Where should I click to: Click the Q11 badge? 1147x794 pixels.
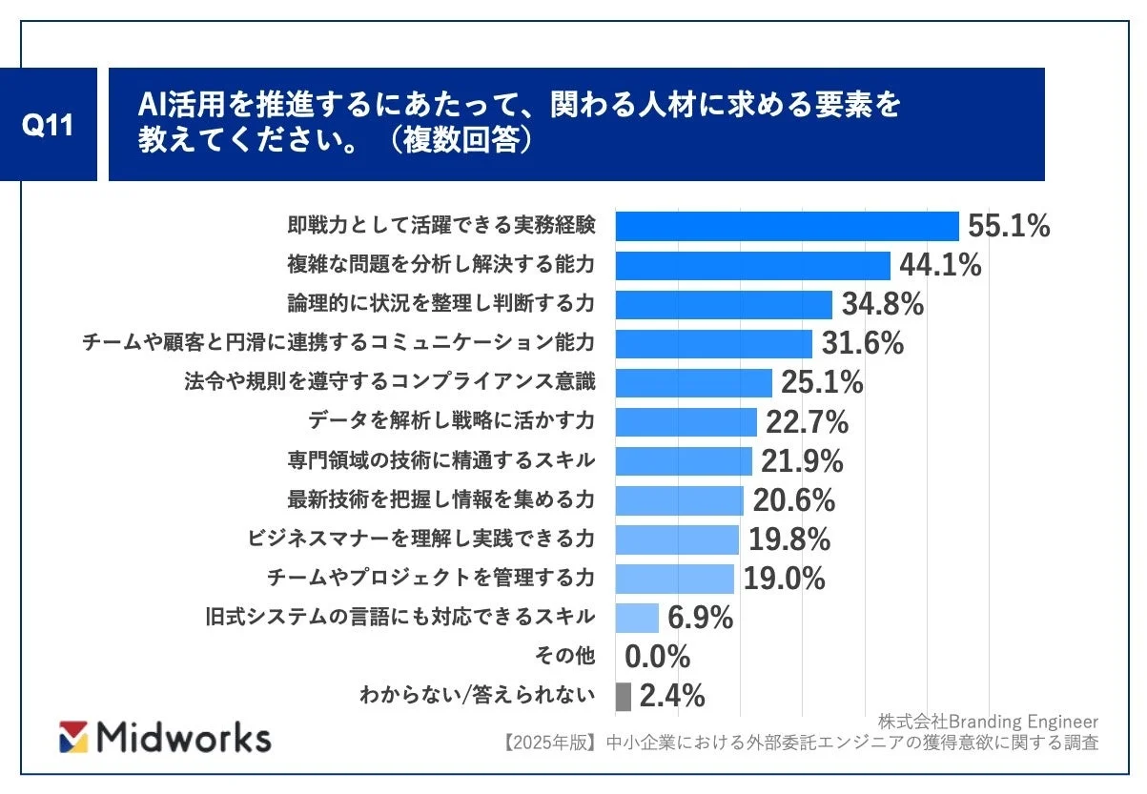pyautogui.click(x=49, y=124)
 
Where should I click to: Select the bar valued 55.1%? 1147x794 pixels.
pyautogui.click(x=787, y=226)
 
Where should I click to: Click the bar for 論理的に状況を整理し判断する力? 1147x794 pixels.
pyautogui.click(x=724, y=304)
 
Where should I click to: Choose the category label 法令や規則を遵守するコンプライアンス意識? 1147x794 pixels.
pyautogui.click(x=390, y=382)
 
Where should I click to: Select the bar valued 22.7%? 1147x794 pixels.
pyautogui.click(x=686, y=421)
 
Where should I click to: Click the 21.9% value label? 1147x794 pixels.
pyautogui.click(x=802, y=460)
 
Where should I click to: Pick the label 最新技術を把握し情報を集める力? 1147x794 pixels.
pyautogui.click(x=441, y=499)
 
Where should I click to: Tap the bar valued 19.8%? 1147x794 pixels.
pyautogui.click(x=677, y=540)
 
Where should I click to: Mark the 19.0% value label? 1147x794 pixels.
pyautogui.click(x=784, y=579)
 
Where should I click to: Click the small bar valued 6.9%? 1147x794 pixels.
pyautogui.click(x=637, y=618)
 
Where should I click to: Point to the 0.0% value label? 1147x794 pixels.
pyautogui.click(x=657, y=657)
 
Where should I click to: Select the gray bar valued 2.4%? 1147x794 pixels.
pyautogui.click(x=624, y=696)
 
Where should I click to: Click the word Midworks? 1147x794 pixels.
pyautogui.click(x=184, y=737)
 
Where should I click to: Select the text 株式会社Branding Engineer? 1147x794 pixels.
pyautogui.click(x=988, y=721)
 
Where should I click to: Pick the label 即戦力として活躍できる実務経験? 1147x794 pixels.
pyautogui.click(x=441, y=226)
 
